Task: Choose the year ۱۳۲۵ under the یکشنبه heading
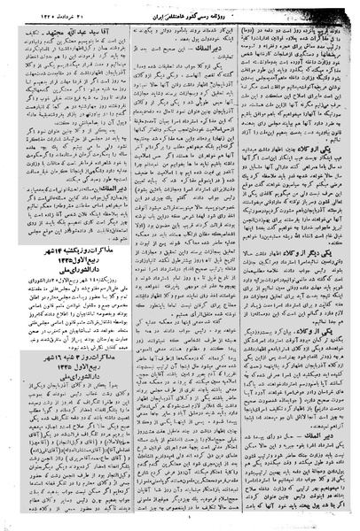tap(45, 312)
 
